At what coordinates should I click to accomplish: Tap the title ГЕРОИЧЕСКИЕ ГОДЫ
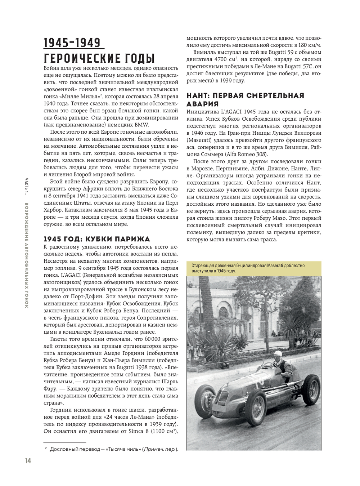(x=99, y=58)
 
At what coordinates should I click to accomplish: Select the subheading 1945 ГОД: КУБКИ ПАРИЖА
(x=96, y=239)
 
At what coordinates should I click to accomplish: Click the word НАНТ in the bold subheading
(x=198, y=95)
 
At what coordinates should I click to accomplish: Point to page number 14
(x=28, y=460)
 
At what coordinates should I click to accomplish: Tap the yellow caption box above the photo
(x=253, y=268)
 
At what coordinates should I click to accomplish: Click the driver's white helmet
(x=278, y=355)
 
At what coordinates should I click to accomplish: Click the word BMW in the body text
(x=141, y=125)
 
